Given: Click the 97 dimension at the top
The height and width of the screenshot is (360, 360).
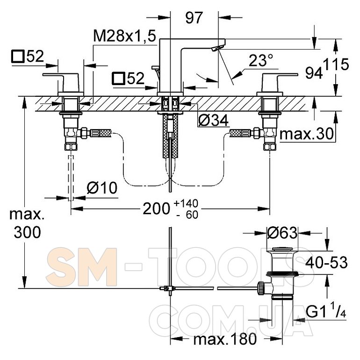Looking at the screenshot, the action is pos(194,18).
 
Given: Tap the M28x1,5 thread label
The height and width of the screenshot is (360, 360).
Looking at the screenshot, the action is pos(125,36).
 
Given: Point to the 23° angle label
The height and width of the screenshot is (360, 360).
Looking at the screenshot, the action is pos(261,60).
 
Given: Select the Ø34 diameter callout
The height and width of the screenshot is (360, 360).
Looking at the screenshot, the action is pos(213,120).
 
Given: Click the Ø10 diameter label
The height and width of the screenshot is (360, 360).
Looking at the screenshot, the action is pos(102,188).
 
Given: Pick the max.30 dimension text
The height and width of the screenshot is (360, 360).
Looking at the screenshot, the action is pos(306,134).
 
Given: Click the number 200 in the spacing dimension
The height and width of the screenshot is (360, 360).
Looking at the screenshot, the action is pos(156,209).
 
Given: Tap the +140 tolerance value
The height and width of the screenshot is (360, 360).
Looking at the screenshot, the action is pos(186,203).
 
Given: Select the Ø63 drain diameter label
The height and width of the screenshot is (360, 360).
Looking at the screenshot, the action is pos(282,233).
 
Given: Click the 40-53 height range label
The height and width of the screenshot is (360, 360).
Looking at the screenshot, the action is pos(326,262).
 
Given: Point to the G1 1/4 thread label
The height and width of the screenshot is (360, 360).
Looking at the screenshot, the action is pos(326,311).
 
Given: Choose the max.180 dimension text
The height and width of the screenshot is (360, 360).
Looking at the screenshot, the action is pos(225,339).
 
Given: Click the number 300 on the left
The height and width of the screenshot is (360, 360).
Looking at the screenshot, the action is pos(27,232).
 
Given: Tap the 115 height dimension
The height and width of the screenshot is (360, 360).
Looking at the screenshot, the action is pos(336,65).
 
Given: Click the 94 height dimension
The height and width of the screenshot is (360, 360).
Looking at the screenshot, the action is pos(314,73).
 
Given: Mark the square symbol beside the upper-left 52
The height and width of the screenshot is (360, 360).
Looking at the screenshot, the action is pos(18,57).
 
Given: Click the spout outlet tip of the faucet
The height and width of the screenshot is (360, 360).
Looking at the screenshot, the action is pos(217,49).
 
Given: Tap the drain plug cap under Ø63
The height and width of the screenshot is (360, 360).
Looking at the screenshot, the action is pos(282,249).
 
